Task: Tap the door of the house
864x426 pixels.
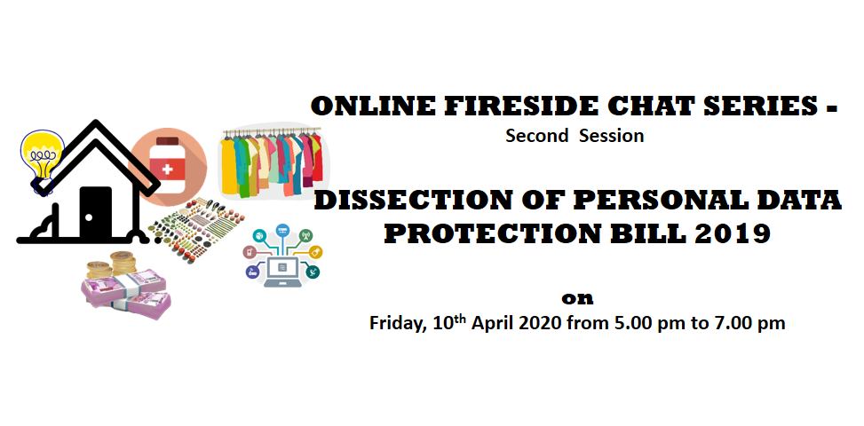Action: [95, 213]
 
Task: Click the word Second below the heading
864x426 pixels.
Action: [536, 136]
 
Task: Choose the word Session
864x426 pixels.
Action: [611, 136]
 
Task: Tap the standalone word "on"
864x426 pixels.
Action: [577, 298]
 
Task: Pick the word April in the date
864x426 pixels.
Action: [493, 323]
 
